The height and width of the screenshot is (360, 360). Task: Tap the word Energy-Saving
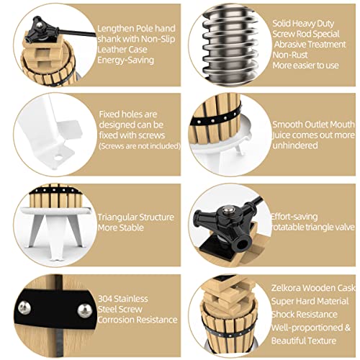coord(125,60)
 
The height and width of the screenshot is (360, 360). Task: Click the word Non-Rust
coord(290,55)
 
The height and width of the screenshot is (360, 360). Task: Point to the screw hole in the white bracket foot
coord(58,158)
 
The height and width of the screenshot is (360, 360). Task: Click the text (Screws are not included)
coord(140,146)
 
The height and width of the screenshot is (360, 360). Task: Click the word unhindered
coord(295,145)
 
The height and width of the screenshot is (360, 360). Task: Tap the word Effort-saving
coord(294,217)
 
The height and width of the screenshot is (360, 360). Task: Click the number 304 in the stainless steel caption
coord(105,299)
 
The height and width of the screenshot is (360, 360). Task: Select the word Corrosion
coord(116,320)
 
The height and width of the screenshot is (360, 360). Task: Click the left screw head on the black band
coord(24,308)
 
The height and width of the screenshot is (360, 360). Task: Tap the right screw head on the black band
coord(85,311)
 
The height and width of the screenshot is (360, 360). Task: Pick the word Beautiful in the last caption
coord(288,341)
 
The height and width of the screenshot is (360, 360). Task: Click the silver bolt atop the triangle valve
coord(227,210)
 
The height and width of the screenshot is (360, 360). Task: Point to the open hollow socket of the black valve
coord(240,245)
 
